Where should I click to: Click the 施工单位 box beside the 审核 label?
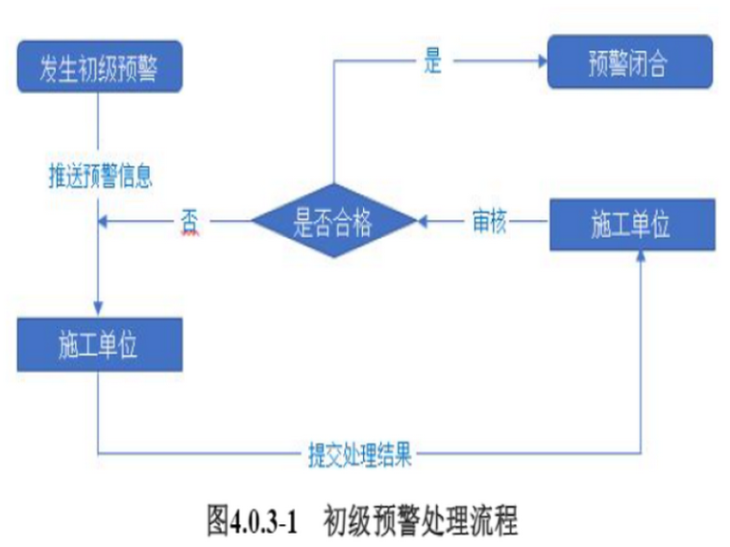[631, 225]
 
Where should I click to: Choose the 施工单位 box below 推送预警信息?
[99, 345]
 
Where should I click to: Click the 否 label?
[188, 220]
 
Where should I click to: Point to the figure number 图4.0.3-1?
[255, 521]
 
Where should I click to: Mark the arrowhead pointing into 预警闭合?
[540, 62]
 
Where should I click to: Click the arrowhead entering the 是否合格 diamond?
[424, 222]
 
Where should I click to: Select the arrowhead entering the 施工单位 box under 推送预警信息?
[99, 309]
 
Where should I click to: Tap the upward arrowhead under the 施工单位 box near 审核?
[641, 261]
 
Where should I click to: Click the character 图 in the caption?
[217, 521]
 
